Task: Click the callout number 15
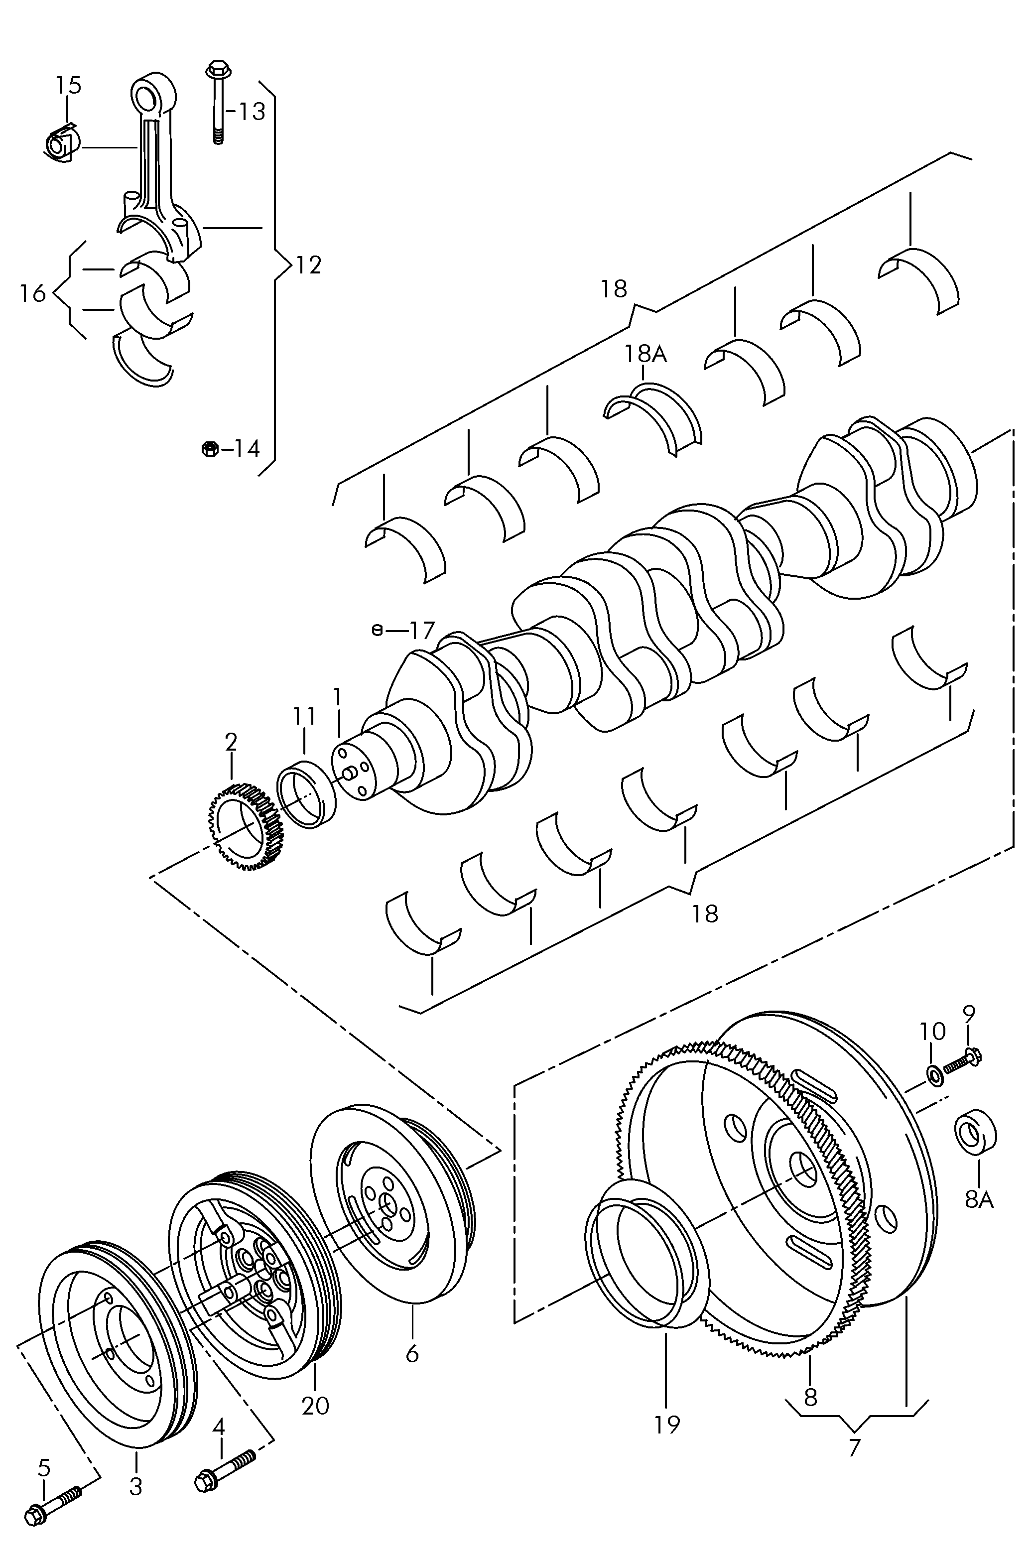pyautogui.click(x=68, y=86)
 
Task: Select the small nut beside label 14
pyautogui.click(x=208, y=448)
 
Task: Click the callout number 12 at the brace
pyautogui.click(x=308, y=265)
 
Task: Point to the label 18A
pyautogui.click(x=645, y=354)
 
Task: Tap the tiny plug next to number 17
pyautogui.click(x=377, y=631)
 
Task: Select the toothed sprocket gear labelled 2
pyautogui.click(x=246, y=826)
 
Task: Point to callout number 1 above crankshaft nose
pyautogui.click(x=337, y=697)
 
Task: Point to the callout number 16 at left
pyautogui.click(x=32, y=293)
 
